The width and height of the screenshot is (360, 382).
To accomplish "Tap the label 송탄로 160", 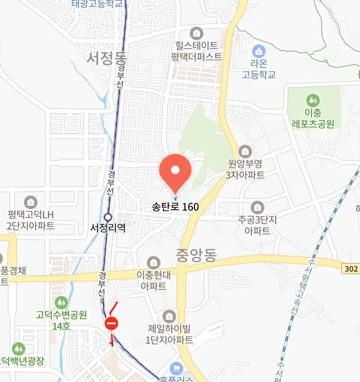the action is click(x=175, y=207).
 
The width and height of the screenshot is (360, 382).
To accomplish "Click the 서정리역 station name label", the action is click(x=108, y=228).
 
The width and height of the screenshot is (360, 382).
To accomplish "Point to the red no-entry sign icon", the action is click(x=111, y=324).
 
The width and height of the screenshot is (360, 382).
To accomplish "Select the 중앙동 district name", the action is click(x=196, y=255).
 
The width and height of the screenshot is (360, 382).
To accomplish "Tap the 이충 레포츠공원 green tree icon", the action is click(x=313, y=101).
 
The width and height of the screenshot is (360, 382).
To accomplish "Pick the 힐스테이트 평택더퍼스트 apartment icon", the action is click(x=197, y=33).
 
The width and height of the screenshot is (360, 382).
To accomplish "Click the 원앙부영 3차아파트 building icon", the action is click(x=245, y=151).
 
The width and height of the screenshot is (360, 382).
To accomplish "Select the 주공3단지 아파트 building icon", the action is click(x=257, y=208).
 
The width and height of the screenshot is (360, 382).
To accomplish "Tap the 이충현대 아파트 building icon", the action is click(x=154, y=263).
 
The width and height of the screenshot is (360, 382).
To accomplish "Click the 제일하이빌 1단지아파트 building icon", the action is click(x=169, y=316).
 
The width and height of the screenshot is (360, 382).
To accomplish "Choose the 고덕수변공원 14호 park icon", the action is click(x=61, y=302).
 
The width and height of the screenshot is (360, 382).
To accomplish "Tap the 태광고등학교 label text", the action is click(x=97, y=4).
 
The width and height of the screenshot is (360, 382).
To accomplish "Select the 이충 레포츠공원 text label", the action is click(x=313, y=118).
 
